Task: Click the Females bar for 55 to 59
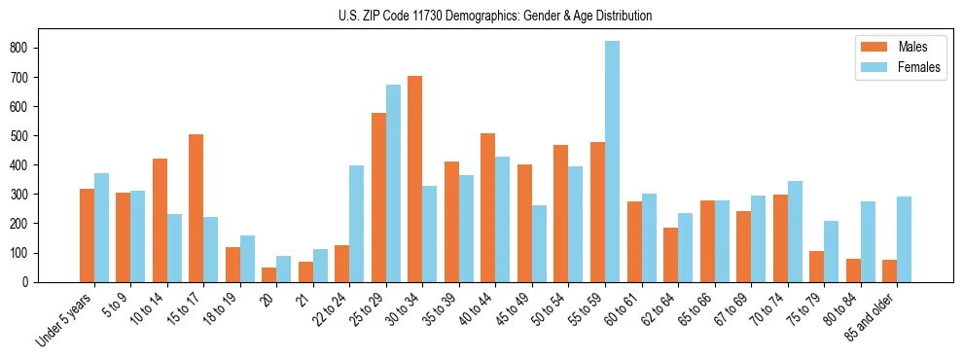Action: [612, 162]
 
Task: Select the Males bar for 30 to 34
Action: [415, 179]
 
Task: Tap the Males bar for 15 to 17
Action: [196, 208]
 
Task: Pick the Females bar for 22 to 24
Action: [357, 224]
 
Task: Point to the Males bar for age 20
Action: [269, 274]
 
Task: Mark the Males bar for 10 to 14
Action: [160, 220]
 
